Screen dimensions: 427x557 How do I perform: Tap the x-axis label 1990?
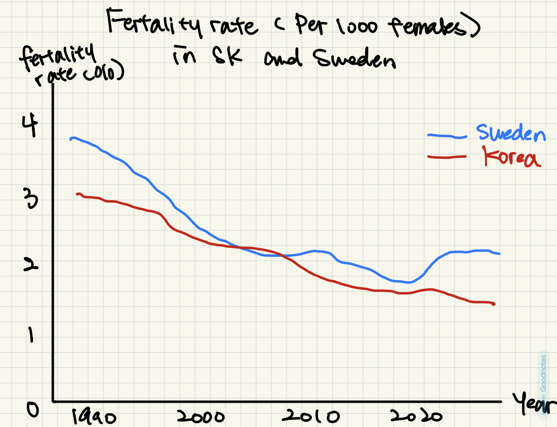(94, 417)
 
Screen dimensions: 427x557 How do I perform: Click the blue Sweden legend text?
(510, 133)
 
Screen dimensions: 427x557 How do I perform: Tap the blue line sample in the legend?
(446, 136)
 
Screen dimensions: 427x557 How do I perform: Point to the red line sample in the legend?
(446, 156)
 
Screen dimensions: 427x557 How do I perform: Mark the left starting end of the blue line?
(71, 139)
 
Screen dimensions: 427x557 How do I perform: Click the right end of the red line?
(494, 304)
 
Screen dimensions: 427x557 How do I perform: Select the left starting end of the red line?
(77, 194)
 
